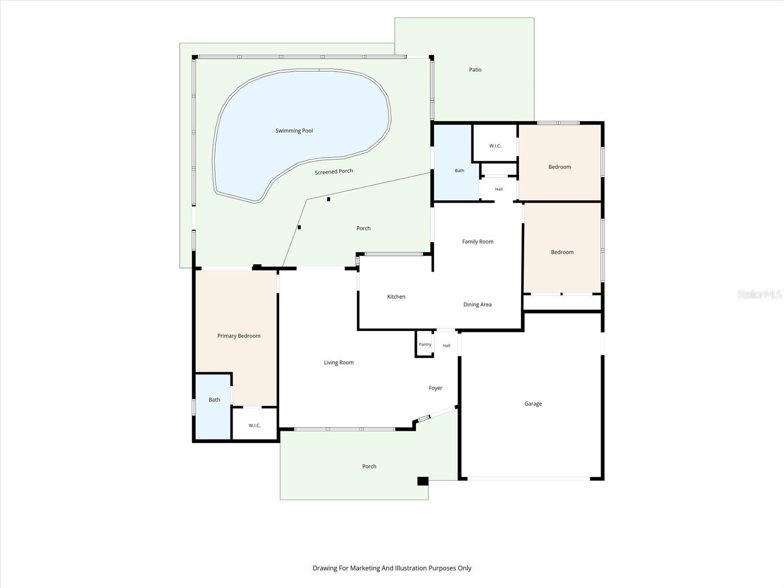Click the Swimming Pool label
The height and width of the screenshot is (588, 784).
(294, 131)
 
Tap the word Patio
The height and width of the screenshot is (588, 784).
(475, 70)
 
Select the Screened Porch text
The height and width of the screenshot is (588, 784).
(334, 171)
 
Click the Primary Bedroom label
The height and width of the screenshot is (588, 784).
(239, 336)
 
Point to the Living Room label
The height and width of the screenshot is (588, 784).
(339, 363)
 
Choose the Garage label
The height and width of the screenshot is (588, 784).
(533, 404)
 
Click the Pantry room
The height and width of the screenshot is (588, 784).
(424, 344)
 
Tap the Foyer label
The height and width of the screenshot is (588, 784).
(436, 388)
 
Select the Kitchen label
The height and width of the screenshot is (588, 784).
(396, 296)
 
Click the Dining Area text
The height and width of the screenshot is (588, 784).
(477, 304)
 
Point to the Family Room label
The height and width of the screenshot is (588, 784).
(478, 242)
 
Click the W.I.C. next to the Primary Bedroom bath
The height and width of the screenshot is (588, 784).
(254, 425)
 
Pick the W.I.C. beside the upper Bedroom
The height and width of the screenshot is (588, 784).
(495, 146)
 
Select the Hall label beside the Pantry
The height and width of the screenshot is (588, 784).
(446, 345)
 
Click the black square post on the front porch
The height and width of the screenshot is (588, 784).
(423, 481)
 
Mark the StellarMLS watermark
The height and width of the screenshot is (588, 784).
(759, 294)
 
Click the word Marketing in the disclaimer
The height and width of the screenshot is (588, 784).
(365, 568)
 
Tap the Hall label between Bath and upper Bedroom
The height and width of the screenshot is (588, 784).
(499, 189)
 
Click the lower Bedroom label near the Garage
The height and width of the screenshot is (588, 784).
(562, 252)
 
